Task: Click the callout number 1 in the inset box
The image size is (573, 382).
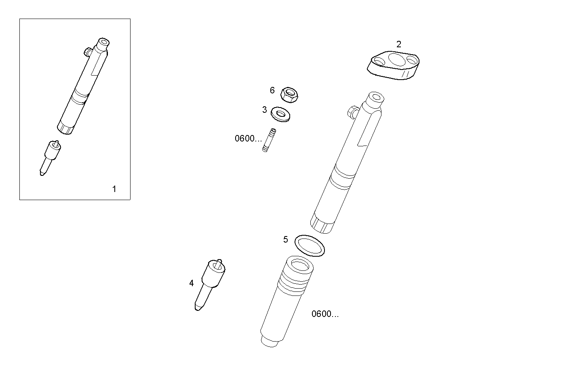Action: [x=114, y=189]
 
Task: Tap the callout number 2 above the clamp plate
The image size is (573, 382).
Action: [x=399, y=44]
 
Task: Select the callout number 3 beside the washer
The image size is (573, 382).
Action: [x=264, y=110]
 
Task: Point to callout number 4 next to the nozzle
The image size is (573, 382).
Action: [x=192, y=283]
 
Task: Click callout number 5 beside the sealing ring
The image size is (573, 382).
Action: [x=286, y=240]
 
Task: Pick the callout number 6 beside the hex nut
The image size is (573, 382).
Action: [x=272, y=90]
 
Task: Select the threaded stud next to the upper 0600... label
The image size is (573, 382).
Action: [x=270, y=140]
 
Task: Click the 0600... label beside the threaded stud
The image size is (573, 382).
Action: [x=248, y=139]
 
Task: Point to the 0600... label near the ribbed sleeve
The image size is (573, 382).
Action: [x=325, y=314]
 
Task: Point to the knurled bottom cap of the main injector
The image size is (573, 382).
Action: [x=322, y=224]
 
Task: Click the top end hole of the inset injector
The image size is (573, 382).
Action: [x=105, y=42]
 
